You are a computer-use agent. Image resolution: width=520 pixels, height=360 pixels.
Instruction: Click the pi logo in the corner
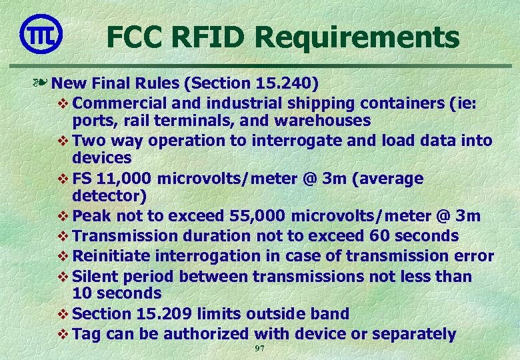coord(41,33)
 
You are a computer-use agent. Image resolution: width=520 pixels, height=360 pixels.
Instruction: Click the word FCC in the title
coord(135,37)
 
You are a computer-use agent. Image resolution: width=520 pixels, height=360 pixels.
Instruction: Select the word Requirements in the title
coord(359,38)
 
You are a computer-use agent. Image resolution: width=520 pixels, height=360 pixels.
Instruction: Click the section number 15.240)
coord(286,84)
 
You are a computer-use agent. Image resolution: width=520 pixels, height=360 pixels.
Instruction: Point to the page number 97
coord(260,349)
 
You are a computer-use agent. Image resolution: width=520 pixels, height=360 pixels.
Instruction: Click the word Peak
coord(88,217)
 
